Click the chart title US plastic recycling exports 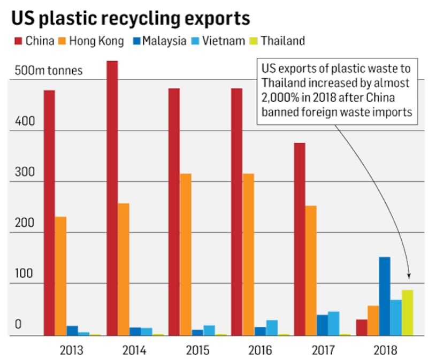pyautogui.click(x=131, y=18)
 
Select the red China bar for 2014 pyautogui.click(x=112, y=198)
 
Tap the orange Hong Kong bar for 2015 pyautogui.click(x=185, y=255)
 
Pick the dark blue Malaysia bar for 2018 pyautogui.click(x=385, y=296)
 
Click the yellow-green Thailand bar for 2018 pyautogui.click(x=407, y=313)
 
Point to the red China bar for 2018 pyautogui.click(x=362, y=327)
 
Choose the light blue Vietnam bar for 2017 pyautogui.click(x=334, y=324)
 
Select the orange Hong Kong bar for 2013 pyautogui.click(x=60, y=276)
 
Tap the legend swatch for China pyautogui.click(x=17, y=41)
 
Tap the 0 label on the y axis pyautogui.click(x=18, y=325)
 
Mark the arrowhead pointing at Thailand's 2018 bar pyautogui.click(x=409, y=276)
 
